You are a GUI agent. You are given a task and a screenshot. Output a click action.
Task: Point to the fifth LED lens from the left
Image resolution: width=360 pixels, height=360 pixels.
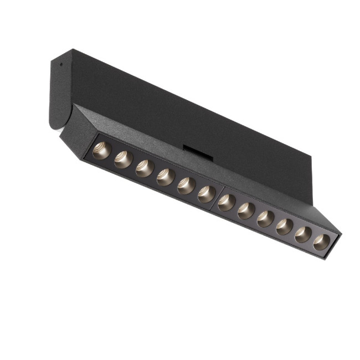tap(187, 186)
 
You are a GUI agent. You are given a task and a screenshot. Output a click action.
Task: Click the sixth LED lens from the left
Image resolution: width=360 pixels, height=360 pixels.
tap(207, 194)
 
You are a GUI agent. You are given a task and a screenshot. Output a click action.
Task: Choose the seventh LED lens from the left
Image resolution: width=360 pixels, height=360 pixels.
tap(227, 202)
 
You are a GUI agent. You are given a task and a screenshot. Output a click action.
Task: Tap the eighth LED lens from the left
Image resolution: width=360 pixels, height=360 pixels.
tap(247, 210)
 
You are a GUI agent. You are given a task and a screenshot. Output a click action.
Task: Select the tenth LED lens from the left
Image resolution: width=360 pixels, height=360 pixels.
tap(285, 226)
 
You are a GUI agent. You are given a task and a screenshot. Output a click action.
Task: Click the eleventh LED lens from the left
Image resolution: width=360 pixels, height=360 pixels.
tap(304, 234)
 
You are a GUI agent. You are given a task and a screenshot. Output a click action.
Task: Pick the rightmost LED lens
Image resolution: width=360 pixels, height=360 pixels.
tap(322, 241)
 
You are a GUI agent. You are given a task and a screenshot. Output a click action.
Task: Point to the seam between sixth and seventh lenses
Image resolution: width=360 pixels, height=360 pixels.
tap(217, 198)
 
